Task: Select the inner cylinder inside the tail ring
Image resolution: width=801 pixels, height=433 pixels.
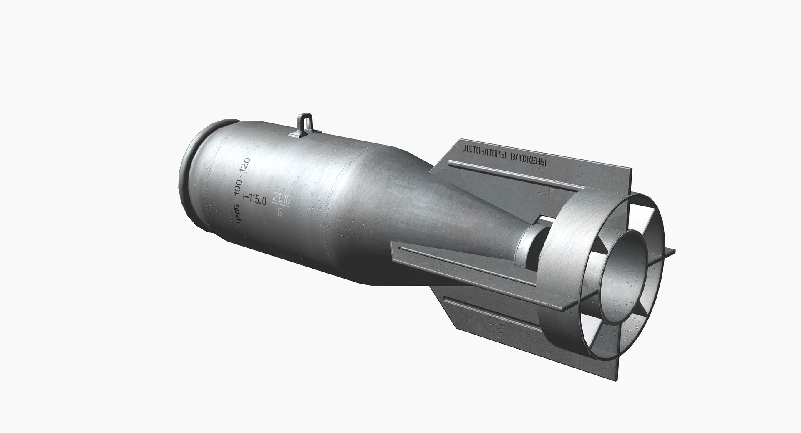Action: click(626, 263)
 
